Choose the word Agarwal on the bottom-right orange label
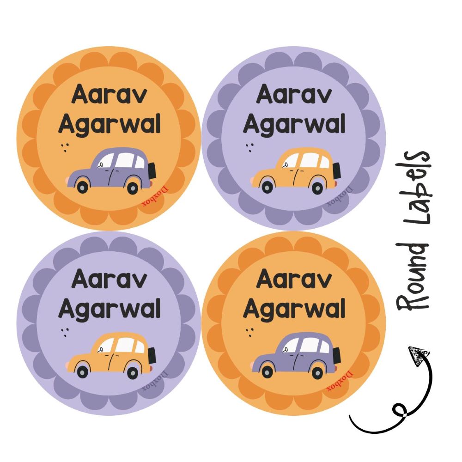[294, 308]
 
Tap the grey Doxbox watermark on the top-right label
[340, 196]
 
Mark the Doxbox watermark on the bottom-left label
[155, 381]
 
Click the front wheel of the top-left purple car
[83, 187]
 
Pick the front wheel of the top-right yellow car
[267, 187]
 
